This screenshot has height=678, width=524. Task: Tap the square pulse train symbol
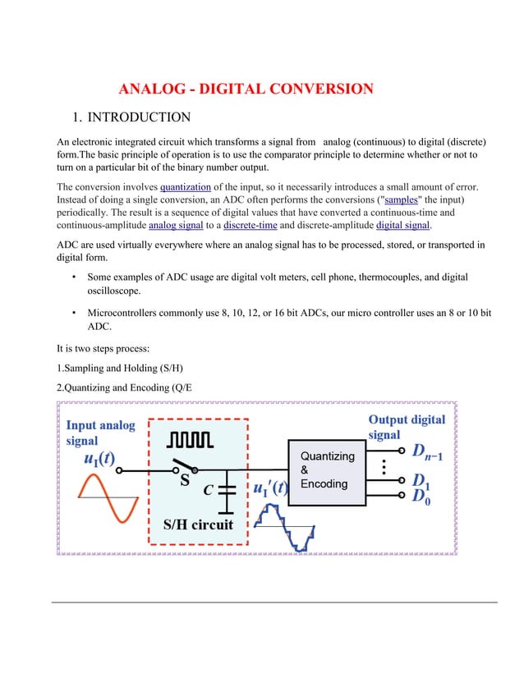click(x=191, y=442)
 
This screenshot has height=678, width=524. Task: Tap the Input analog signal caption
click(x=100, y=433)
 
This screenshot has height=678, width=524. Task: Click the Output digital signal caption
click(x=407, y=427)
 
